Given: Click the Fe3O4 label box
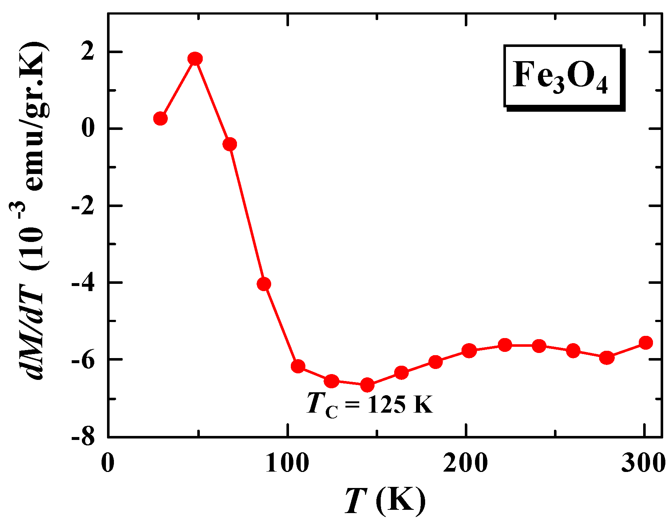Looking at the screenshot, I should tap(563, 76).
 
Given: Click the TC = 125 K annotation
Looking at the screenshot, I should tap(370, 404).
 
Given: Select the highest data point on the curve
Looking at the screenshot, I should tap(195, 59).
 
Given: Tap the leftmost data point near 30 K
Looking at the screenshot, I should tap(160, 119).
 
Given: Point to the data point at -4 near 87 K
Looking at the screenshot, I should tap(264, 284).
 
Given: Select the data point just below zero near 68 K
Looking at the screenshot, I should tap(230, 144).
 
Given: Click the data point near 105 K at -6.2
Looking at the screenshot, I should tap(298, 366).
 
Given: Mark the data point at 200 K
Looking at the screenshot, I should tap(469, 350).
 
